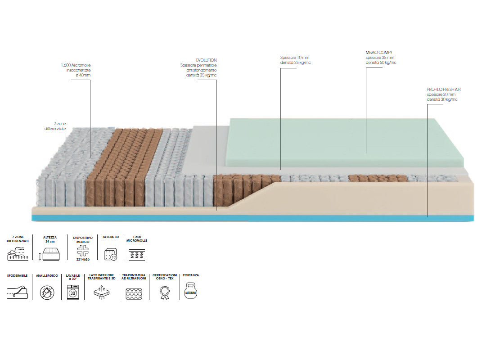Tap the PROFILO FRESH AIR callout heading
[443, 90]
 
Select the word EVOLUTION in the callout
[206, 60]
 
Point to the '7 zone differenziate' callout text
[55, 126]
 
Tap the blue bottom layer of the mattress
[252, 218]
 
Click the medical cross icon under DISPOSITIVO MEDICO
[82, 251]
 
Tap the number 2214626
[82, 260]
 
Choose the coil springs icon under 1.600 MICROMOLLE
[137, 255]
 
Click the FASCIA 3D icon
[110, 255]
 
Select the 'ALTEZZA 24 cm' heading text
[50, 239]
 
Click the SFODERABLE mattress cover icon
[18, 293]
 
